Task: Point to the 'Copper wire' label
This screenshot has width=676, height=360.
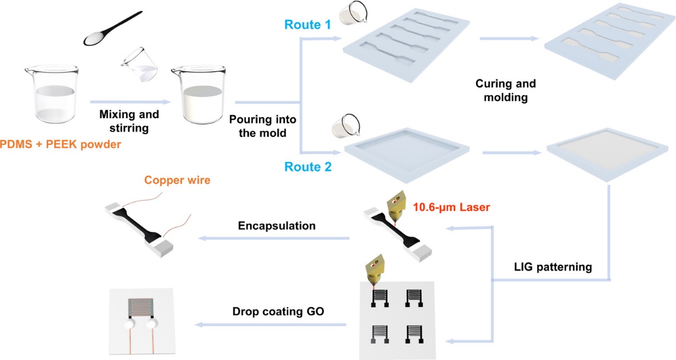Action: pyautogui.click(x=177, y=181)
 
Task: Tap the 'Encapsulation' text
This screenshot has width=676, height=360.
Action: pyautogui.click(x=277, y=226)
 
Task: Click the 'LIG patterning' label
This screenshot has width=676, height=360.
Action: pyautogui.click(x=552, y=267)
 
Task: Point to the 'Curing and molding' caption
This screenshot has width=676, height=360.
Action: pyautogui.click(x=506, y=90)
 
